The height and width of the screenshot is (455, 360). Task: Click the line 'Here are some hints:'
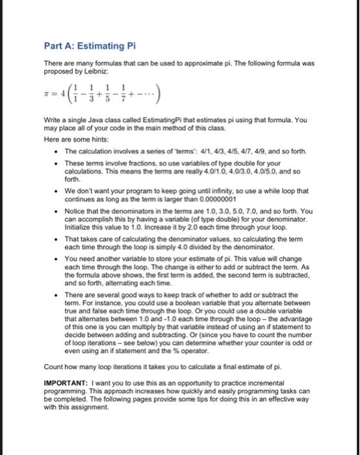tap(75, 140)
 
